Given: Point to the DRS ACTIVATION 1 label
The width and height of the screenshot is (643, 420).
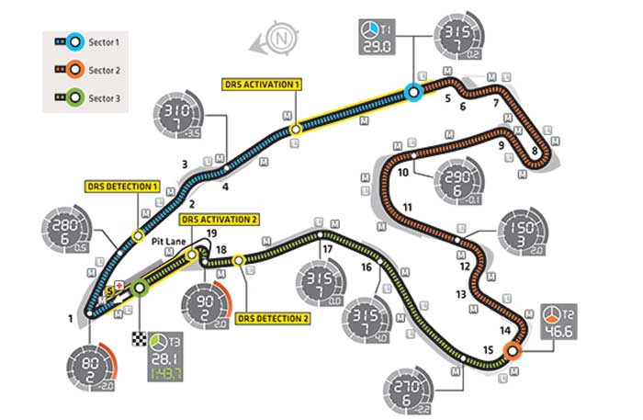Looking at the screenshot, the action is pos(262,83).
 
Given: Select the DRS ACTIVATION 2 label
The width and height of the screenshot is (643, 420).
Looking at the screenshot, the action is pos(220,220).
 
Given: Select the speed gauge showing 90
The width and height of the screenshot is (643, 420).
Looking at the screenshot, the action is pos(206,305).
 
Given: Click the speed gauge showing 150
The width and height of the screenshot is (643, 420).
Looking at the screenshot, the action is pos(526,235).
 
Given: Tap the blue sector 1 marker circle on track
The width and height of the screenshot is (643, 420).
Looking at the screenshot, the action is pos(413,91).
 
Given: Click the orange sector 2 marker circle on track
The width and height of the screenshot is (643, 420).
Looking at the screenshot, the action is pos(513,349).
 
